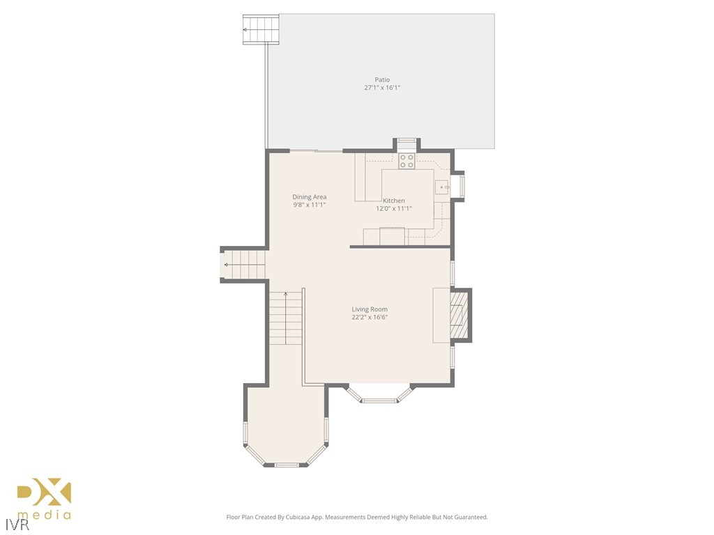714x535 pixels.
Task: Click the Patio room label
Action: pyautogui.click(x=382, y=79)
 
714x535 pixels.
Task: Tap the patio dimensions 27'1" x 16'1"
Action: pyautogui.click(x=382, y=88)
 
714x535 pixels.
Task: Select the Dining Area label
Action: pyautogui.click(x=310, y=197)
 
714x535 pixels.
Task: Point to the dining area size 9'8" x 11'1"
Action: pyautogui.click(x=310, y=205)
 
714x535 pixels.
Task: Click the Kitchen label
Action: pyautogui.click(x=394, y=201)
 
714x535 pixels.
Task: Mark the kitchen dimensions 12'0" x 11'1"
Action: pyautogui.click(x=394, y=208)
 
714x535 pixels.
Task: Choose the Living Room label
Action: pyautogui.click(x=370, y=309)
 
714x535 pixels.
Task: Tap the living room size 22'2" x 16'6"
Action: pyautogui.click(x=370, y=317)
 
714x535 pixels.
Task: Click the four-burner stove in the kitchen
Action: pyautogui.click(x=407, y=161)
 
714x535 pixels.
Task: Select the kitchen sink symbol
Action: pyautogui.click(x=442, y=187)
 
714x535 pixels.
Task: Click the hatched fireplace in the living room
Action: pyautogui.click(x=458, y=315)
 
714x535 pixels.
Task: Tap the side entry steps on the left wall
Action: pyautogui.click(x=244, y=265)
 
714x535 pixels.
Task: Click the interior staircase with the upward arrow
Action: pyautogui.click(x=286, y=317)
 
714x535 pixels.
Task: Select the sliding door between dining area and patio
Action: pyautogui.click(x=316, y=150)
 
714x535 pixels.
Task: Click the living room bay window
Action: pyautogui.click(x=379, y=399)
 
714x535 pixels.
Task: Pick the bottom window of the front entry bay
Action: pyautogui.click(x=287, y=464)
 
